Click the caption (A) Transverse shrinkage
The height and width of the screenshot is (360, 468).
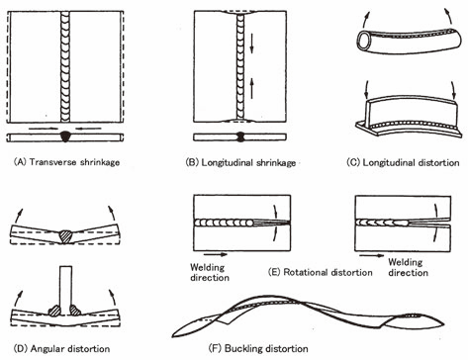(x=66, y=162)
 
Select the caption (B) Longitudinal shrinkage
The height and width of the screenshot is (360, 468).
(x=240, y=163)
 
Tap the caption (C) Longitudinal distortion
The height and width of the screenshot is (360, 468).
(x=403, y=162)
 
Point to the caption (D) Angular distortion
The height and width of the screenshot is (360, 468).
(x=61, y=349)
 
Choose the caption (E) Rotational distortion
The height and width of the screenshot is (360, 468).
(x=321, y=272)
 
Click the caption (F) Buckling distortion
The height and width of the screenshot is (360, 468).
(x=258, y=348)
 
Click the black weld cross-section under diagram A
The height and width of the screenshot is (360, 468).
(x=65, y=136)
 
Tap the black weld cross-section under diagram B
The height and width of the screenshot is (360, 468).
(x=240, y=137)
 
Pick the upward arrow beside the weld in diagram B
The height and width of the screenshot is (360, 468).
(x=252, y=88)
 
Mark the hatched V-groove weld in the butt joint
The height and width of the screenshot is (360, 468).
(x=65, y=236)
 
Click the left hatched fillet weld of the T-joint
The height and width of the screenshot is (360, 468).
(x=54, y=311)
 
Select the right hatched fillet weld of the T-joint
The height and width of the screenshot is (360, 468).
(x=75, y=311)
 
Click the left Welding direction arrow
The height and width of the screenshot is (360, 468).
(x=216, y=254)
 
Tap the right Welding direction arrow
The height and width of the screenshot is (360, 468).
(x=372, y=255)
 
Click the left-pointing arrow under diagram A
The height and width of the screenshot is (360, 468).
(x=88, y=128)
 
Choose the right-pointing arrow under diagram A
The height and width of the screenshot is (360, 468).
(x=42, y=128)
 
